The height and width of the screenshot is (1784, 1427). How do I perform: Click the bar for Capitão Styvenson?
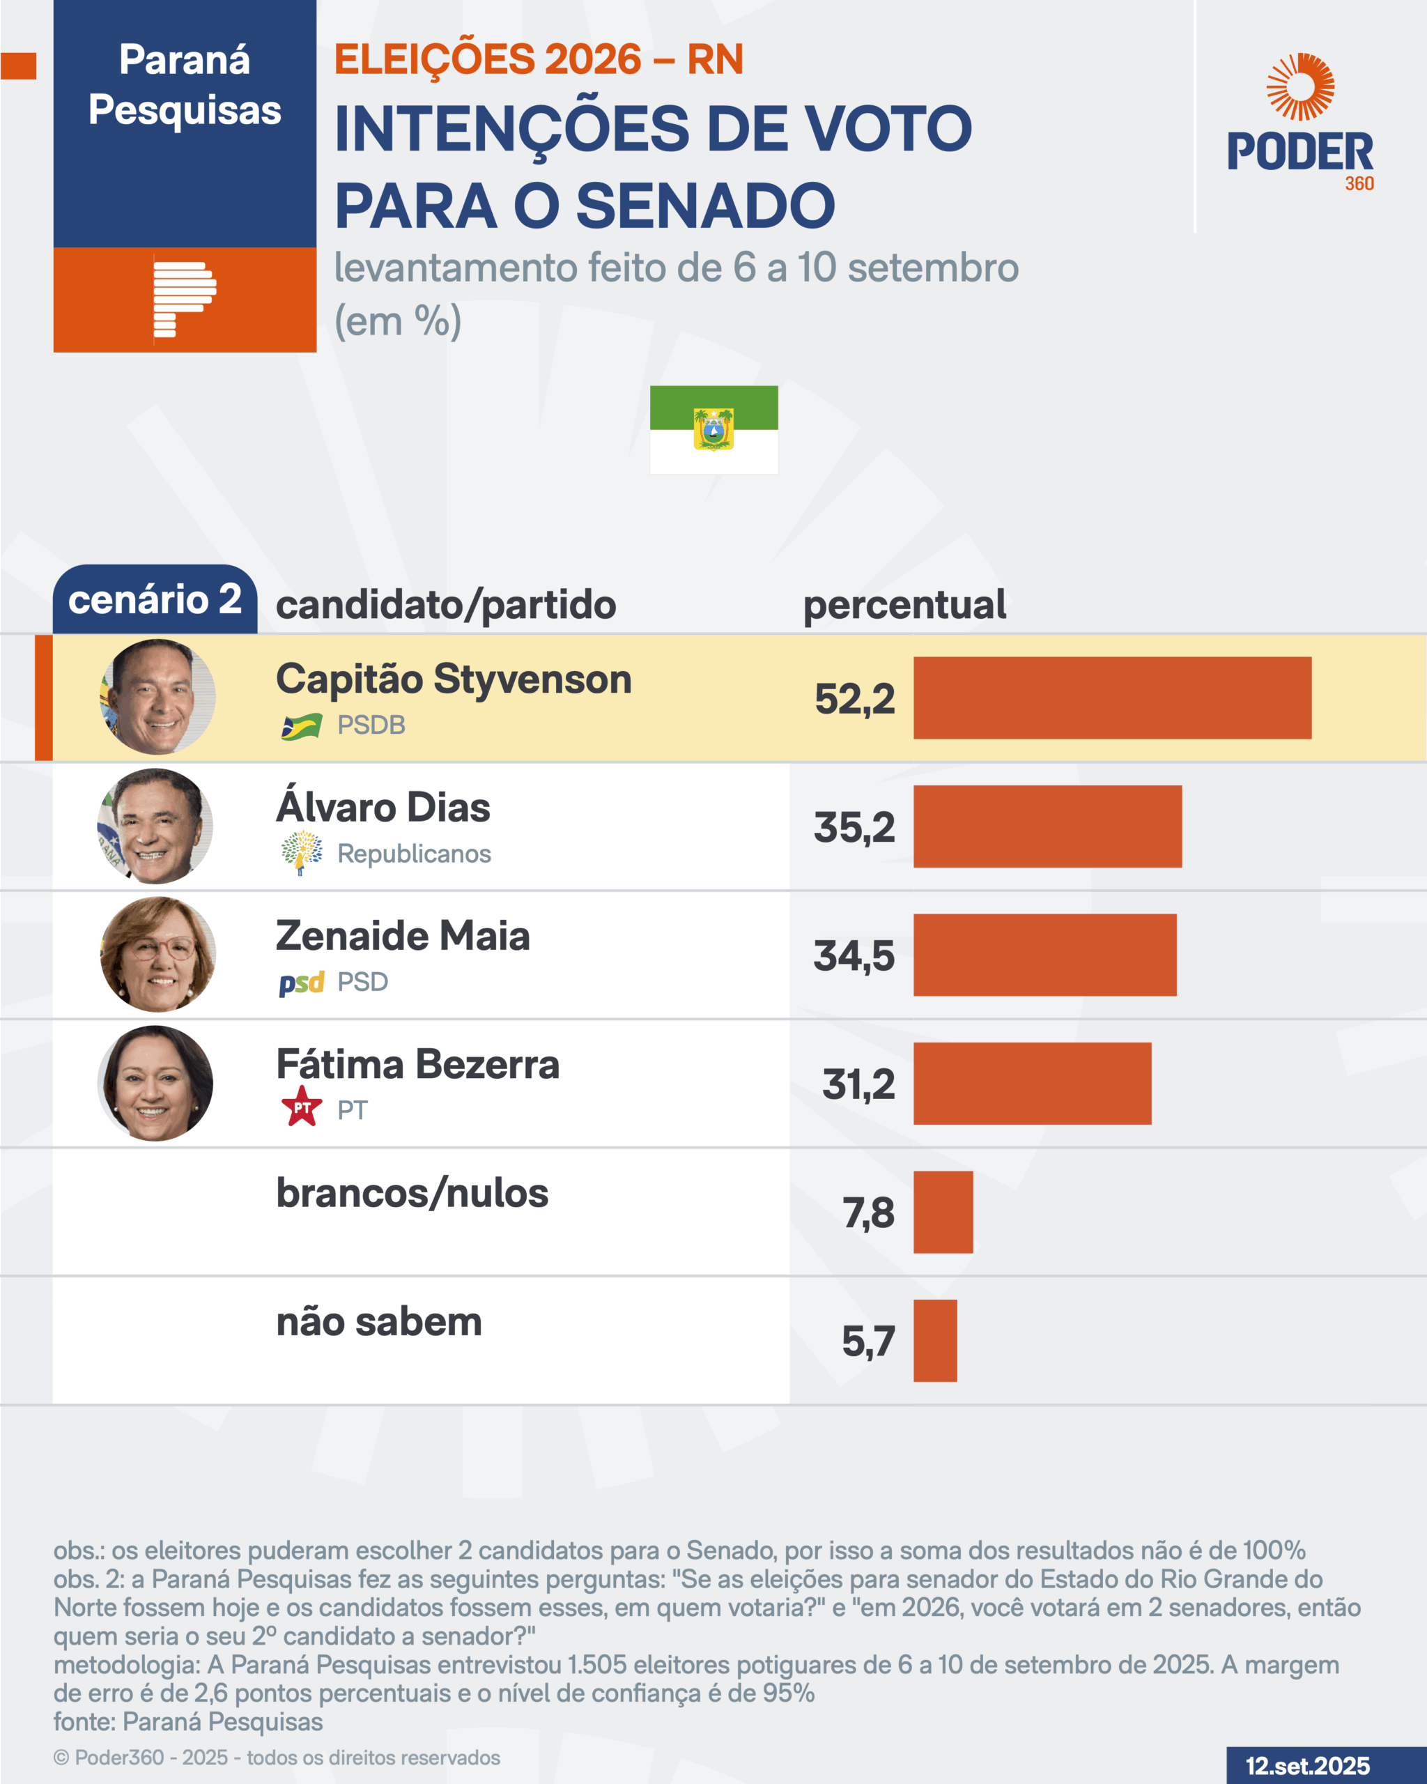(x=1112, y=698)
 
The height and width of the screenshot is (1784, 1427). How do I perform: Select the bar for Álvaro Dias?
(x=1047, y=826)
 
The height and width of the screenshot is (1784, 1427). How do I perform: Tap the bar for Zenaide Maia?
(x=1044, y=955)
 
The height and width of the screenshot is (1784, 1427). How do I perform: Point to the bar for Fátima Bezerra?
(x=1031, y=1083)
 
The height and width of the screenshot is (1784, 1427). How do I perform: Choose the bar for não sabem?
(x=935, y=1341)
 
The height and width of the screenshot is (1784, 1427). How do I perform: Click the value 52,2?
(x=854, y=699)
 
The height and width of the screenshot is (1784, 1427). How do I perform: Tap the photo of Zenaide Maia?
(x=158, y=955)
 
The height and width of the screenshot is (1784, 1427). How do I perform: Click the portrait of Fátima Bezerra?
(x=155, y=1083)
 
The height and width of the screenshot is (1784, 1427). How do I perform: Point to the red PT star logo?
(x=302, y=1107)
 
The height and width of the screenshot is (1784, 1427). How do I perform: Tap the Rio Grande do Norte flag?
(x=713, y=429)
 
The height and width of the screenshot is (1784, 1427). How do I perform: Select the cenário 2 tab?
(x=155, y=599)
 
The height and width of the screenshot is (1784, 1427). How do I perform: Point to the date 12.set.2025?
(x=1308, y=1765)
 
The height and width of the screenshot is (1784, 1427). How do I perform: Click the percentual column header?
(x=904, y=605)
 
